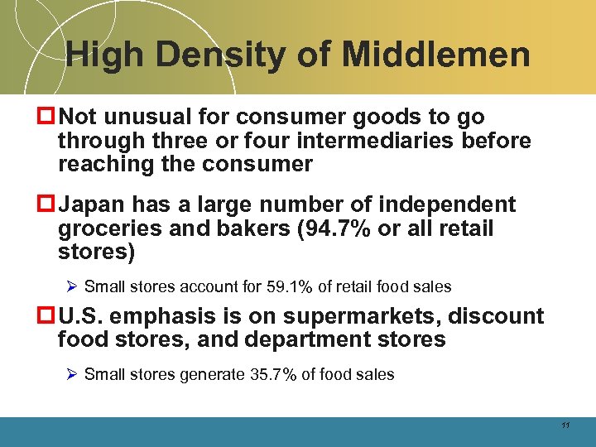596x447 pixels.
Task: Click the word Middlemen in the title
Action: [435, 55]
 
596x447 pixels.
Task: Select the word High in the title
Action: [103, 55]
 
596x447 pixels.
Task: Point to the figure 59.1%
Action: [293, 286]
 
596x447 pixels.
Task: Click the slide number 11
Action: [565, 425]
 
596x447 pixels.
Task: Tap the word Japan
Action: [94, 204]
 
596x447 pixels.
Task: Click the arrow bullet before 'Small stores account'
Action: [72, 286]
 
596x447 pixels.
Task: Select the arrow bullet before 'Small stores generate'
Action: [72, 374]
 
